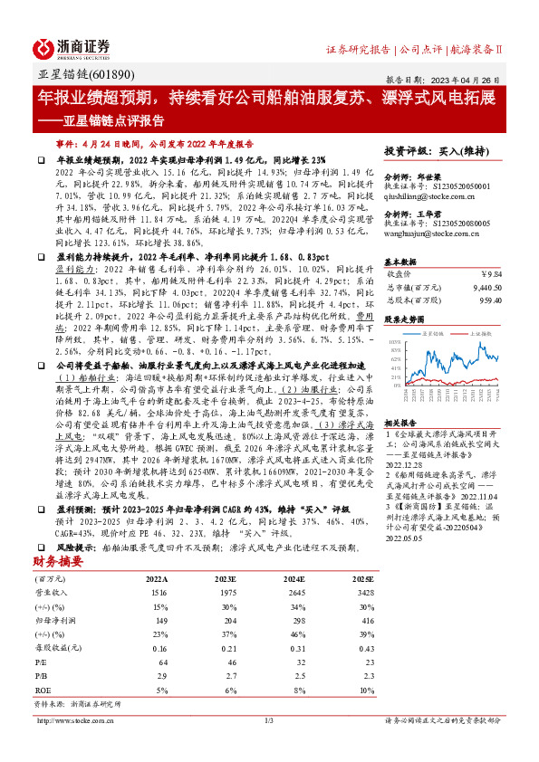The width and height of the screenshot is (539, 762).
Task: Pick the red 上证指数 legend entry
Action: click(483, 334)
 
